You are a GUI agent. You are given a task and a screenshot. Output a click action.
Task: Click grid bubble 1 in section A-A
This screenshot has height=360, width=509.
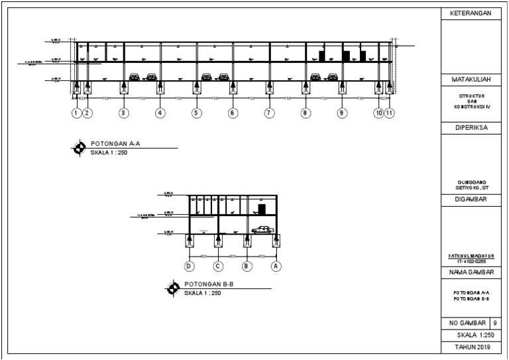76,113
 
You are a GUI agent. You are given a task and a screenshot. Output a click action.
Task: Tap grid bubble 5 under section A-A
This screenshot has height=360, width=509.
196,113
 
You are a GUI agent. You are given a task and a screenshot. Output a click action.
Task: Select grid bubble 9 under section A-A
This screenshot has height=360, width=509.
341,113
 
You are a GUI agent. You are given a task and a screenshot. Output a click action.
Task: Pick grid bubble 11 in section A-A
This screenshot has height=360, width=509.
389,113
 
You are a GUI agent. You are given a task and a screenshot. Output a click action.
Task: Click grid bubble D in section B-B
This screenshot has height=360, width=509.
190,267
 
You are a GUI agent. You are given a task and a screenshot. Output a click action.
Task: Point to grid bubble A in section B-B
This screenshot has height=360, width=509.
277,267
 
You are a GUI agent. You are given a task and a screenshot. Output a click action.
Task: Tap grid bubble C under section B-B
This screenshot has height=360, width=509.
217,267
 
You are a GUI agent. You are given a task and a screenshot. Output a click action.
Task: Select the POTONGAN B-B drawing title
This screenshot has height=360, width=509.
209,284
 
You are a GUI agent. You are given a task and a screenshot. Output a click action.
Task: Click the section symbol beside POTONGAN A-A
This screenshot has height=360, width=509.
79,148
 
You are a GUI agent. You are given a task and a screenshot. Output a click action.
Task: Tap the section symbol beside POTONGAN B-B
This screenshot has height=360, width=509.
174,288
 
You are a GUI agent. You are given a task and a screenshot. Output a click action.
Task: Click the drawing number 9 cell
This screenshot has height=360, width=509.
496,323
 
